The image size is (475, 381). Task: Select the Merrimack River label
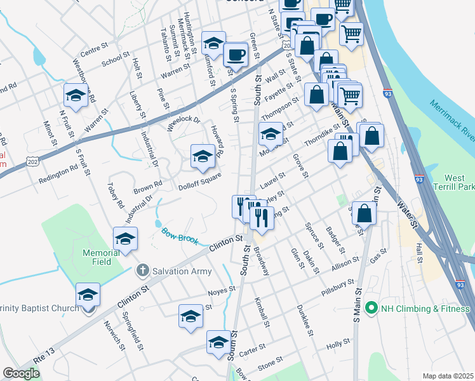[452, 120]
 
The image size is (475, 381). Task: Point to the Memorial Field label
[101, 257]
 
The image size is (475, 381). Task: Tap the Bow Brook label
[180, 236]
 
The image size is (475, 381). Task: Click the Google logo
[22, 373]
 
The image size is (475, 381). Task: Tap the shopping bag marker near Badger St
[364, 213]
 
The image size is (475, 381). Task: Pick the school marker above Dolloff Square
[203, 156]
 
